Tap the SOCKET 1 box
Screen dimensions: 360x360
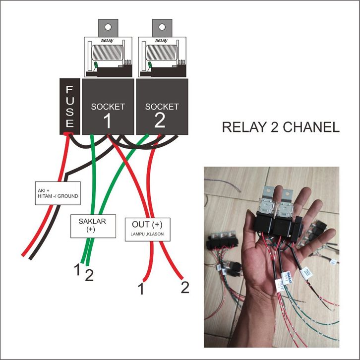(x=108, y=106)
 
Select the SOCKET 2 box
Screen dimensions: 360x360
(x=162, y=106)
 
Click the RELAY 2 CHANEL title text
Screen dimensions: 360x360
(x=281, y=127)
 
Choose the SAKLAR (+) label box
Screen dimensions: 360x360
(x=91, y=226)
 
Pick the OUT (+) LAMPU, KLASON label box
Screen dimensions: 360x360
(x=148, y=230)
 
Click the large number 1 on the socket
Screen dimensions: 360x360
(x=108, y=120)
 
